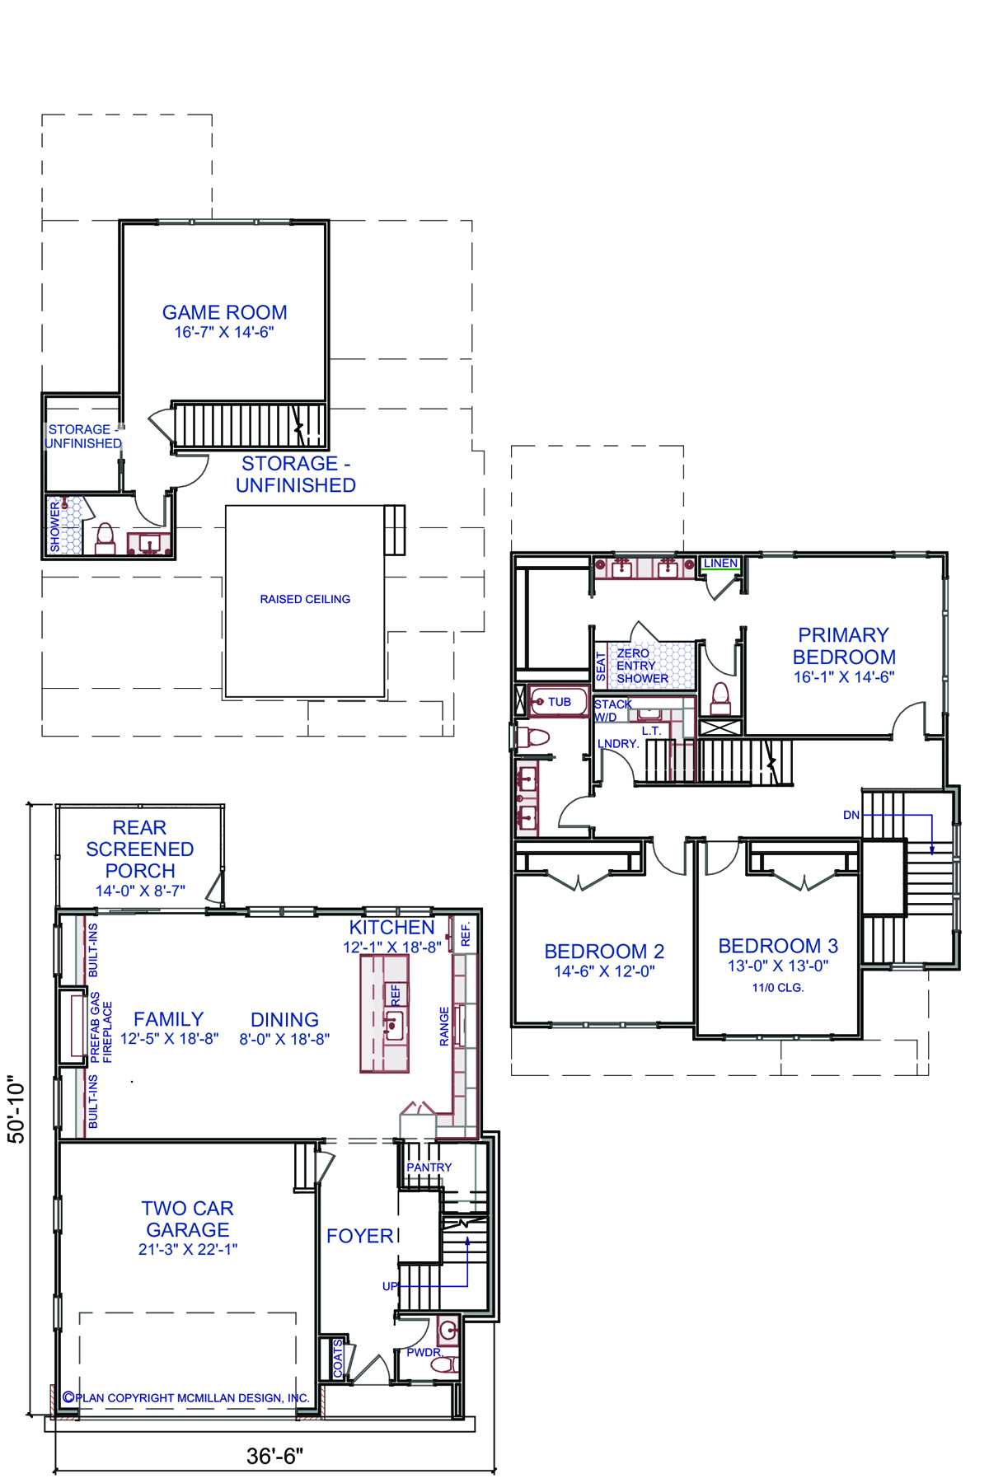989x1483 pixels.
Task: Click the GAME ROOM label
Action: point(225,313)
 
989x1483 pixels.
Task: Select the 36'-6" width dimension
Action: point(275,1456)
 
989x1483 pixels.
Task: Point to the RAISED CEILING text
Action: point(305,599)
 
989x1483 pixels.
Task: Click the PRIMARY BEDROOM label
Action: point(844,646)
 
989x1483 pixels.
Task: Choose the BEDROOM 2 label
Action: point(604,951)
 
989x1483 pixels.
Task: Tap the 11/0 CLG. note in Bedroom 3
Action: point(777,987)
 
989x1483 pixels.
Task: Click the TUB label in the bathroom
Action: point(560,702)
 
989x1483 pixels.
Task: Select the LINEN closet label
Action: point(720,563)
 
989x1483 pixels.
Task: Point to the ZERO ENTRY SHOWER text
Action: point(642,666)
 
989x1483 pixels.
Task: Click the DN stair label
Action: point(851,815)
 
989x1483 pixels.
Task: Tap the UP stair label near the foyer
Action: point(390,1286)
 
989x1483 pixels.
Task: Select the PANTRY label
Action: point(429,1167)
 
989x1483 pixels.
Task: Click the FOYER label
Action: point(360,1236)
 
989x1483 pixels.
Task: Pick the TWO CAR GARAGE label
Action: point(188,1219)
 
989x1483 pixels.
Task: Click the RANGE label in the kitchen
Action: point(444,1026)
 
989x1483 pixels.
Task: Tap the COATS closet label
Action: point(338,1359)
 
